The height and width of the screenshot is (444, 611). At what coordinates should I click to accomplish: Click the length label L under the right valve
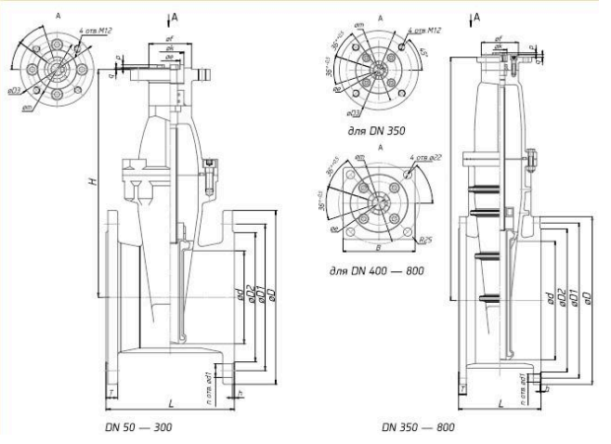coord(500,405)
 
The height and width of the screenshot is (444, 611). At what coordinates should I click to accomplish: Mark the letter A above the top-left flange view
coord(58,16)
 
